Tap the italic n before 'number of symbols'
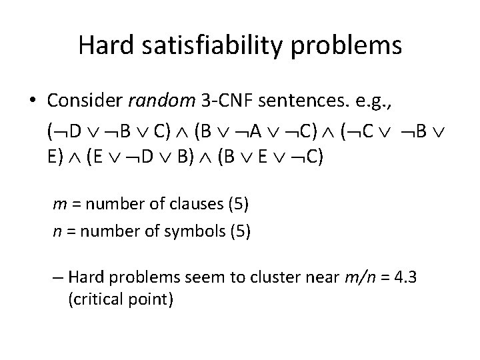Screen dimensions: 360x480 pos(57,231)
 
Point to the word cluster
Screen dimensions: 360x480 pos(261,277)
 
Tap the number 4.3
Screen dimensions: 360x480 pos(404,277)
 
